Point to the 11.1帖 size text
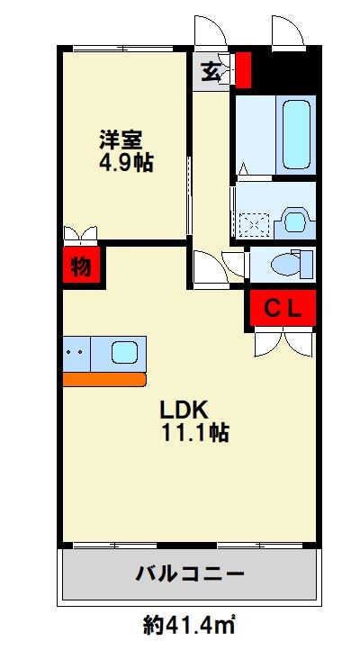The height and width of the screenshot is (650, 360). tap(194, 433)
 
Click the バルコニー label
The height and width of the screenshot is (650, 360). tap(191, 573)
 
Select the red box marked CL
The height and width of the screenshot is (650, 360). tap(283, 308)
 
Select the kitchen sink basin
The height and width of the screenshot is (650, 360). tap(124, 352)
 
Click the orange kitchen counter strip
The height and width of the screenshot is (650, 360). tap(104, 380)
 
